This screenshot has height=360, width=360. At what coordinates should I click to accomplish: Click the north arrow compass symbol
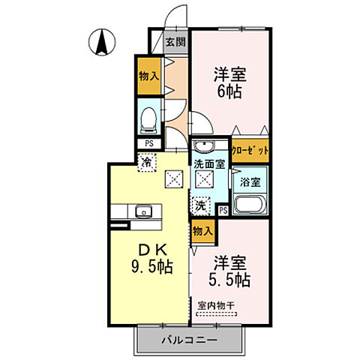point(100,41)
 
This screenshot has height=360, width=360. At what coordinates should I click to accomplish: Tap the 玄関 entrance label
point(175,42)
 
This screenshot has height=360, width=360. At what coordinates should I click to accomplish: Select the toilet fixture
point(147,117)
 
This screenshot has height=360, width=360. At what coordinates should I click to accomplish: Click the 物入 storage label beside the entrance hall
point(148,76)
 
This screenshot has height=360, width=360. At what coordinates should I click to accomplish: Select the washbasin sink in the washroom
point(203,146)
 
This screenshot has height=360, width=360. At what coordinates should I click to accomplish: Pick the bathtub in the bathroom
point(248,205)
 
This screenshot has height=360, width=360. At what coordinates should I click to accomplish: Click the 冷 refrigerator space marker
point(147,160)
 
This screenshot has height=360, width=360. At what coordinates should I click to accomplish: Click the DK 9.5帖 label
point(154,259)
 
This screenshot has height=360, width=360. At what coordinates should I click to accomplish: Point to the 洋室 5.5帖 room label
point(229,271)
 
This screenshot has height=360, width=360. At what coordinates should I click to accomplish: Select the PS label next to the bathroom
point(223,209)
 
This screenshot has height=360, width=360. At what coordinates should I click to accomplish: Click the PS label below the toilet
point(147,142)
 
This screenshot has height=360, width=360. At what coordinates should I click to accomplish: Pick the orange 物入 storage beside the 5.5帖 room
point(201,230)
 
